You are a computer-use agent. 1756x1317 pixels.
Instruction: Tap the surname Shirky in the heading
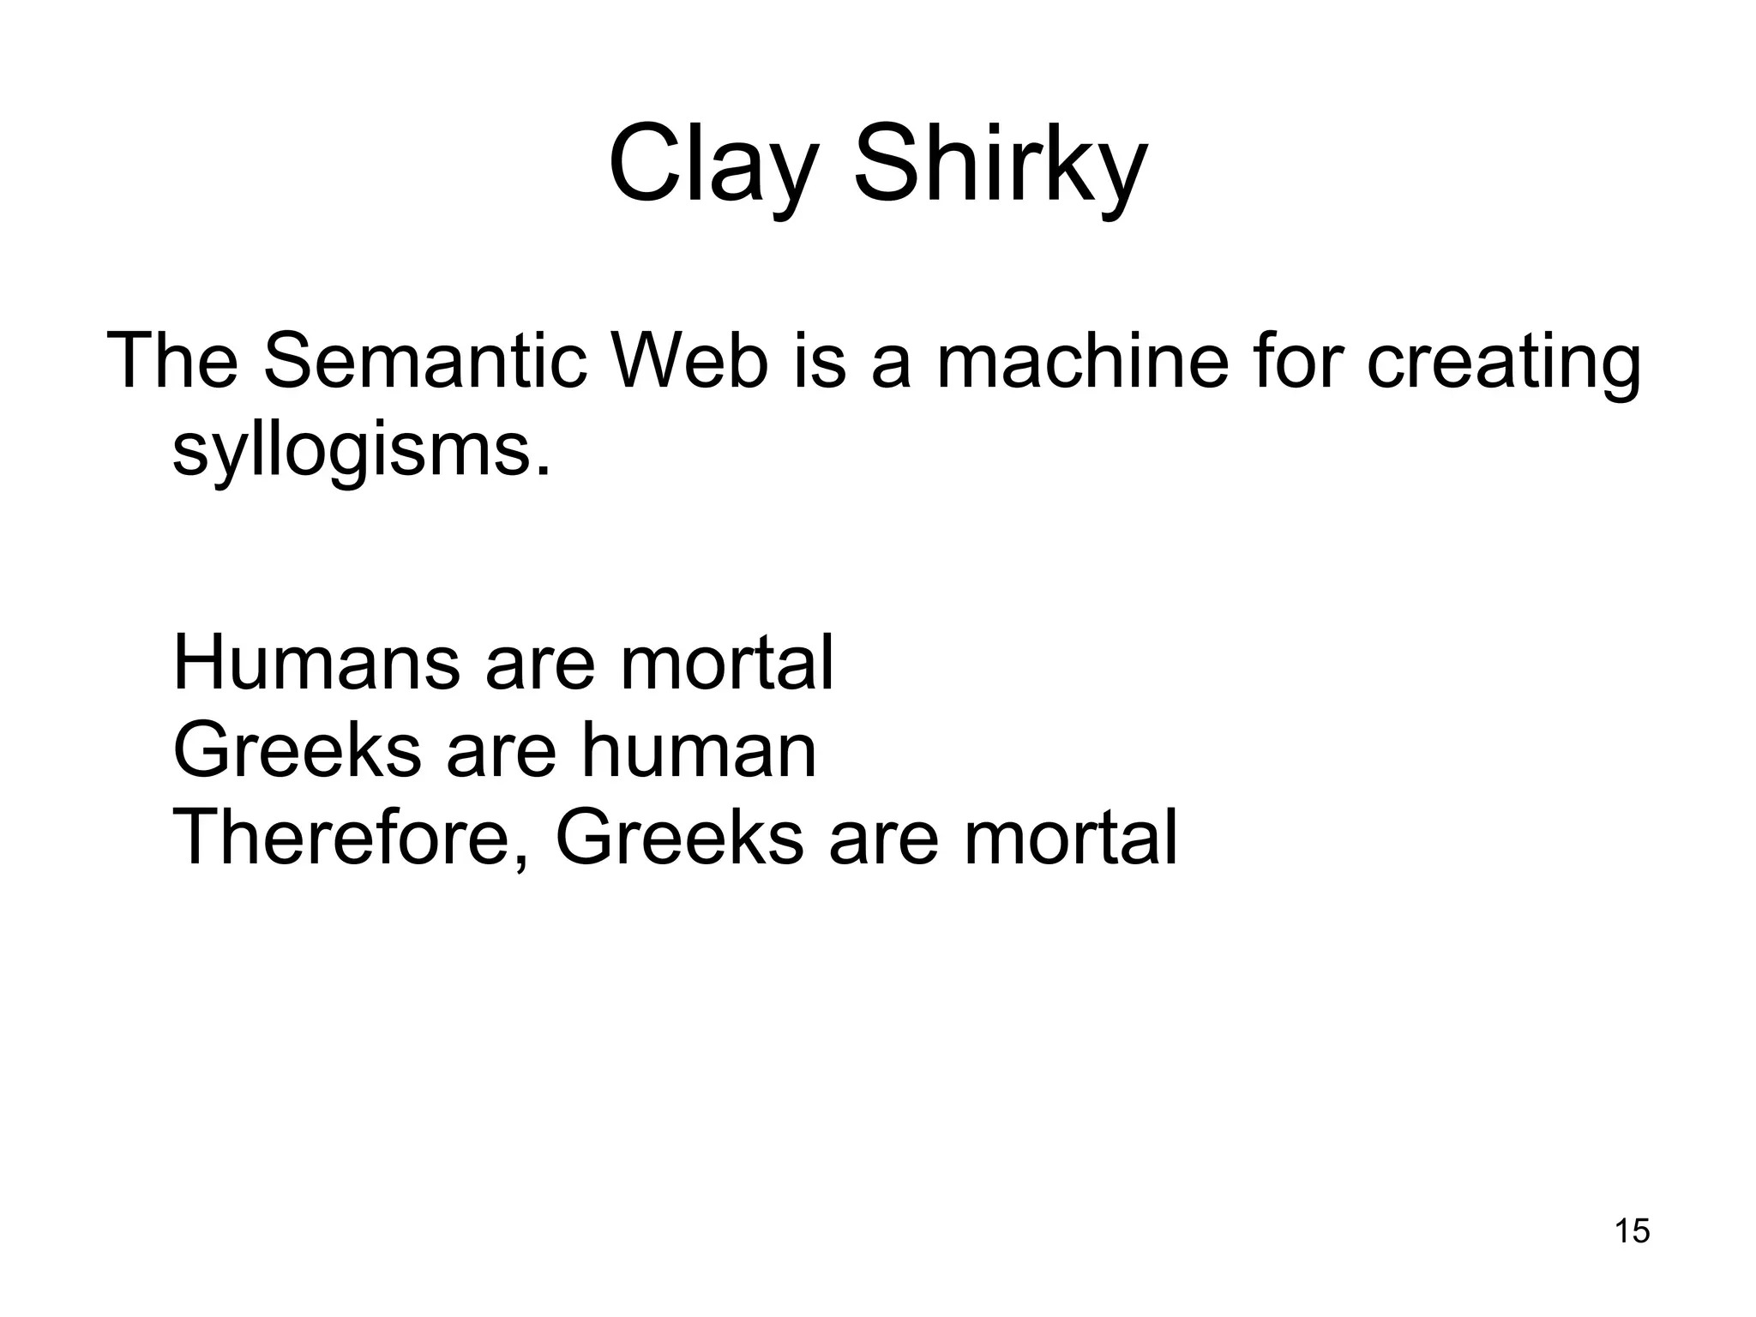(x=1000, y=163)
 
